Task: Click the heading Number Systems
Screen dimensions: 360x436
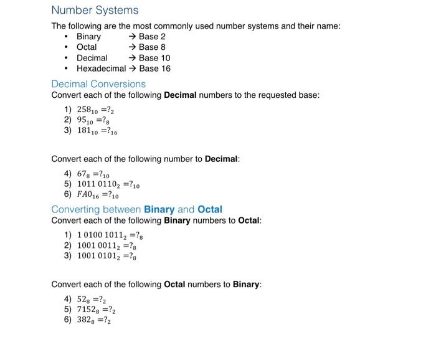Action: point(95,11)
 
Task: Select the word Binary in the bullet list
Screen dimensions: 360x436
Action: point(88,37)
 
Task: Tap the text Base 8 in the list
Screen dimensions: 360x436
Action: point(152,47)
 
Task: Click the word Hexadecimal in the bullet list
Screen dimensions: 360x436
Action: point(101,69)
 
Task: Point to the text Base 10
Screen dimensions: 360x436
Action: point(154,58)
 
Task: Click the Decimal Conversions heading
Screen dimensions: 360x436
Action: point(98,84)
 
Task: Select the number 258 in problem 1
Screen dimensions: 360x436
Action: point(85,110)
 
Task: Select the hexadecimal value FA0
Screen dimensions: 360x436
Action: point(87,195)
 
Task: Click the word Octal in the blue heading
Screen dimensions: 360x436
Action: point(209,209)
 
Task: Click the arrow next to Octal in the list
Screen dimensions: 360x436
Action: point(132,47)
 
